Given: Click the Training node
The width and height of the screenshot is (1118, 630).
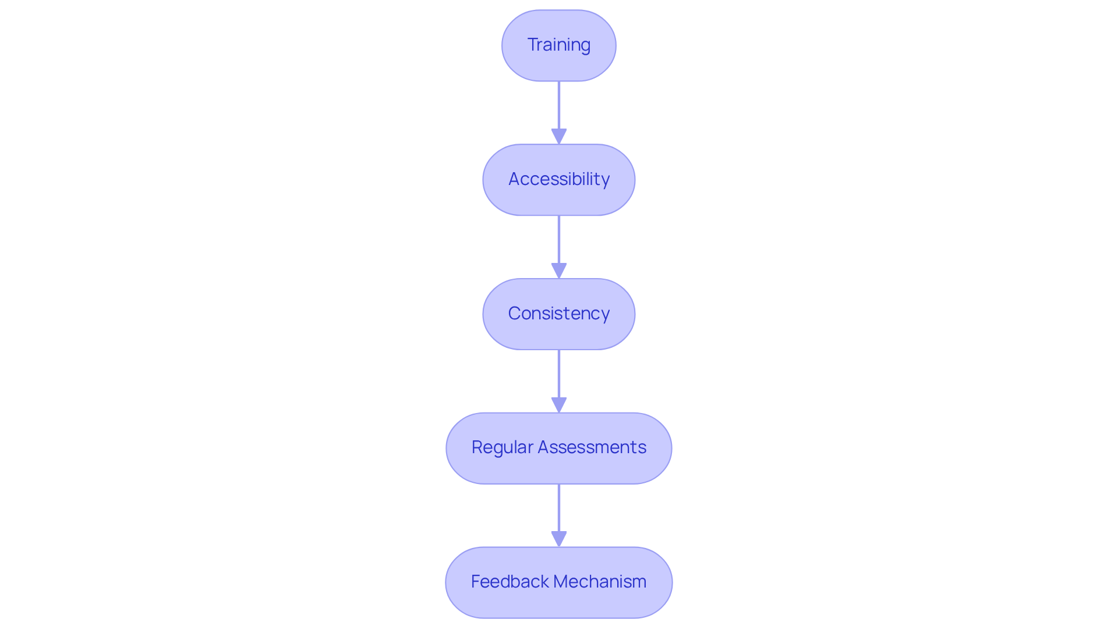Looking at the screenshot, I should pos(559,45).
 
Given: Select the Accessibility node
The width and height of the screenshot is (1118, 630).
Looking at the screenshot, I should pos(559,180).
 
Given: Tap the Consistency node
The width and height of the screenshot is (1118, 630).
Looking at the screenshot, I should pos(559,314).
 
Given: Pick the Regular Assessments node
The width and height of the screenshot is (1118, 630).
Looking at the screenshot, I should pos(559,448).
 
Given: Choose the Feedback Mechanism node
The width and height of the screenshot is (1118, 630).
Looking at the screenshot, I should pos(559,582).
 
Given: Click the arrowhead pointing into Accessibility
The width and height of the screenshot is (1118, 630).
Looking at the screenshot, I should pos(559,136).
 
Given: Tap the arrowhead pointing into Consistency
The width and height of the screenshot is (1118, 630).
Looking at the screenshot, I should pos(559,270).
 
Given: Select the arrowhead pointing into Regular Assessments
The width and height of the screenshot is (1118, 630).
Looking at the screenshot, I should pos(559,405).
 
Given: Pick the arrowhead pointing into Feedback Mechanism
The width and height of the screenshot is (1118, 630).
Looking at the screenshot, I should pos(559,539).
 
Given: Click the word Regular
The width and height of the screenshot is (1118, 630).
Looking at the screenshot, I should pos(503,447).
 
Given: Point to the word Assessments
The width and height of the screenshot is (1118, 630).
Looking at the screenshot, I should pos(592,447).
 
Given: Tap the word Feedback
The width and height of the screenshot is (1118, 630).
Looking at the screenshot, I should pos(510,582).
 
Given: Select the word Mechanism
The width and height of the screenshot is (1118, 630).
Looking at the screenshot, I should pos(600,582).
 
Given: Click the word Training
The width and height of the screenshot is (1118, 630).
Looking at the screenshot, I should pos(559,45).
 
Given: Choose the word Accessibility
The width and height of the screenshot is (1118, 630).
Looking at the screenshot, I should pos(559,179).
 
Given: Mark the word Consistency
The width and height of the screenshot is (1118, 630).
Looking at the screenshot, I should pos(559,314).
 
